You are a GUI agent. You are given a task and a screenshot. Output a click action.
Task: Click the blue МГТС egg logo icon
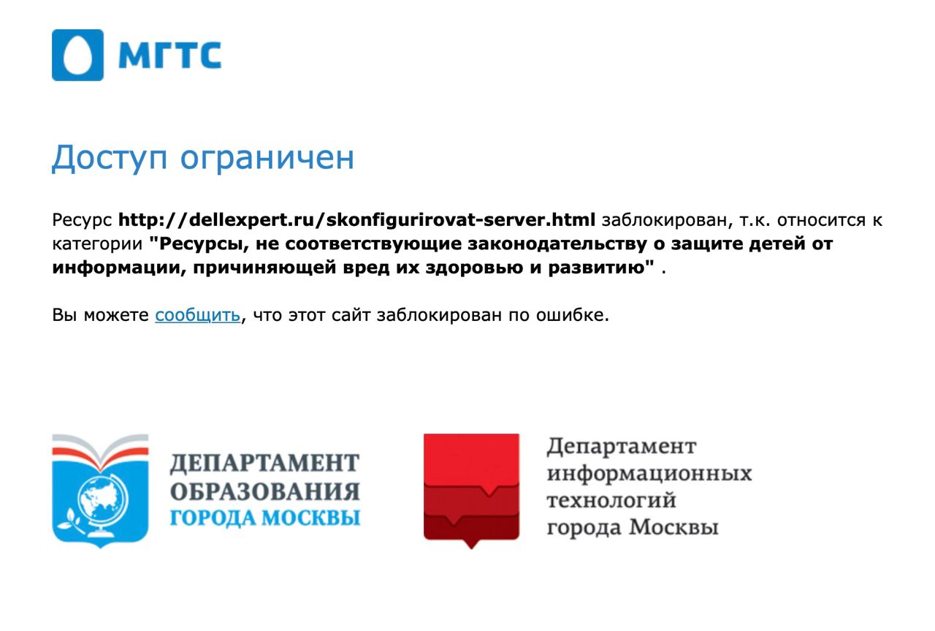pyautogui.click(x=77, y=55)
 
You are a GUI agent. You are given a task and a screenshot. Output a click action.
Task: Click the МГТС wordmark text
pyautogui.click(x=170, y=55)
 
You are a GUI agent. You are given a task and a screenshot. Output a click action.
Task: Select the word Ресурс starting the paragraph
pyautogui.click(x=82, y=220)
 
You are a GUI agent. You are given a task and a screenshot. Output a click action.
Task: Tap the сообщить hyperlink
pyautogui.click(x=198, y=315)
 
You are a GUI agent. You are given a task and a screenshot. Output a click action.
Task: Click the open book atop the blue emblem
pyautogui.click(x=100, y=452)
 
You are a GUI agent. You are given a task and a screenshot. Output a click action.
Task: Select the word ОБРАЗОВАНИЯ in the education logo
pyautogui.click(x=265, y=491)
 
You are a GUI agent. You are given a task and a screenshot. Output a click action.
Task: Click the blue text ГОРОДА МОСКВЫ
pyautogui.click(x=265, y=518)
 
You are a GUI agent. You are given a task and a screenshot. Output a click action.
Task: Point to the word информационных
pyautogui.click(x=649, y=474)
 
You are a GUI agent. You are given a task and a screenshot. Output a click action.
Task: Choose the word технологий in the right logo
pyautogui.click(x=611, y=501)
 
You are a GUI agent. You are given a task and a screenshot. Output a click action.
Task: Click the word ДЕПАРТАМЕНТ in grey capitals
pyautogui.click(x=264, y=464)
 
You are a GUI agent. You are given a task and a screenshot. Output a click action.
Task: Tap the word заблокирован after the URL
pyautogui.click(x=667, y=220)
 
